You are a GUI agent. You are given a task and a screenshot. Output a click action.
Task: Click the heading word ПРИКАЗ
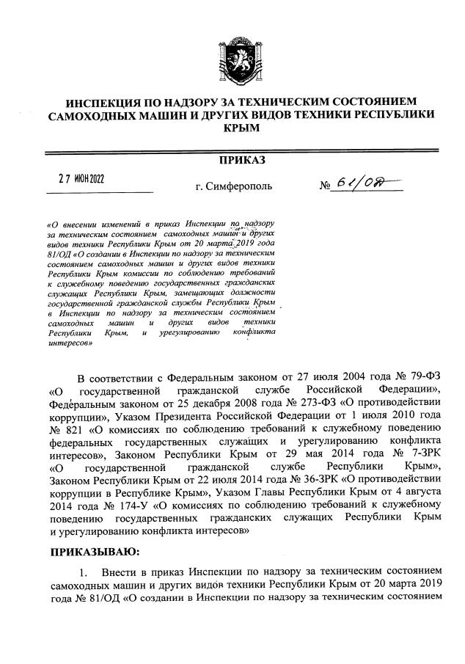(x=242, y=160)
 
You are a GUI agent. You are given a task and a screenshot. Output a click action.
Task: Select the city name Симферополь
(x=239, y=186)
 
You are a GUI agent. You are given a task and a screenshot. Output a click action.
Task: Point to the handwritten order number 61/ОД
(x=373, y=184)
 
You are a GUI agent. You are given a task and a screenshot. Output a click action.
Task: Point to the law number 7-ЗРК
(x=422, y=456)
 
